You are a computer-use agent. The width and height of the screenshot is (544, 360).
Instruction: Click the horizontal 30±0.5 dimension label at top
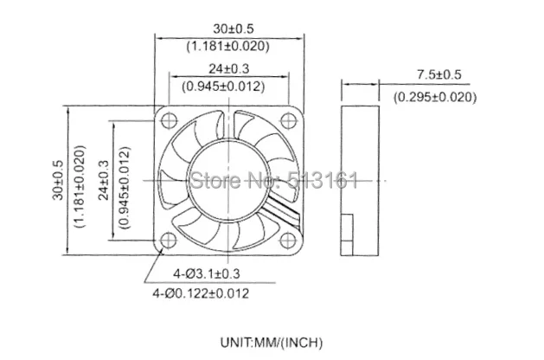coord(228,29)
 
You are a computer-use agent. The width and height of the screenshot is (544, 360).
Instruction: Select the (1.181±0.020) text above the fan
coord(228,46)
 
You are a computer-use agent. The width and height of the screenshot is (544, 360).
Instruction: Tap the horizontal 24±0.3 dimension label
coord(228,68)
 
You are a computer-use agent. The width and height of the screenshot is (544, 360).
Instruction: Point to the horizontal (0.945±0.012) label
coord(223,86)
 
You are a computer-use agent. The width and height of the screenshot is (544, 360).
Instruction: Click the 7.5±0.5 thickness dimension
coord(439,74)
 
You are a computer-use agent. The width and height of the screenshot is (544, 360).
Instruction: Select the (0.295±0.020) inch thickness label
coord(435,97)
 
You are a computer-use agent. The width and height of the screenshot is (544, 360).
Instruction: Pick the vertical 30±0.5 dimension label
coord(58,180)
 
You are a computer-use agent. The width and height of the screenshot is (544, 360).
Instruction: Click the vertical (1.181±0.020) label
coord(80,186)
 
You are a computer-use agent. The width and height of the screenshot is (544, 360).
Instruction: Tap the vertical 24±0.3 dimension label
coord(104,180)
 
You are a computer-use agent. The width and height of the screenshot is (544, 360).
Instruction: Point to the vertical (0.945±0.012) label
coord(125,188)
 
